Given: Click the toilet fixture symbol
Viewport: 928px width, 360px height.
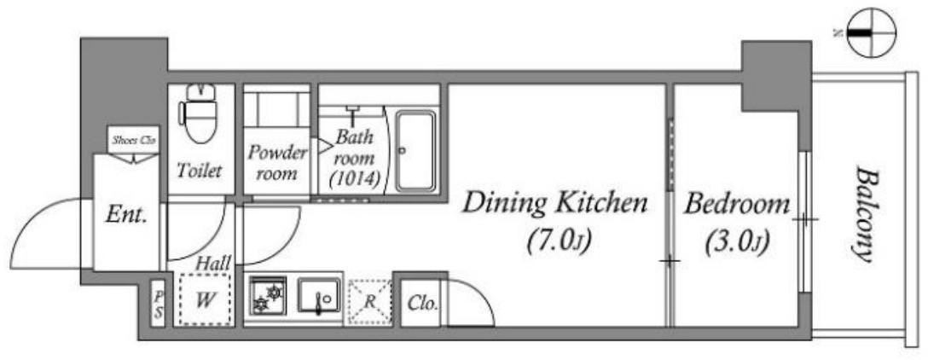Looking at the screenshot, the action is (x=201, y=113).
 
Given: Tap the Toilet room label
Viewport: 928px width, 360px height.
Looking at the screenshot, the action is (x=200, y=171).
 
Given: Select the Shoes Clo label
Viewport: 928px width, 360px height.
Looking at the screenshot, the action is (x=134, y=140).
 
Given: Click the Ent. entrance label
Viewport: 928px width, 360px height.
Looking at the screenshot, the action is (x=125, y=216).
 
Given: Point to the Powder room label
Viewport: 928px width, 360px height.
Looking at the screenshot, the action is (x=277, y=163).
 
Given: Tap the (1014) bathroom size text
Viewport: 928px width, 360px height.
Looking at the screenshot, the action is (x=354, y=178).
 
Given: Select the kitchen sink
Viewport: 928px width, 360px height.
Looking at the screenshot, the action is (x=318, y=295).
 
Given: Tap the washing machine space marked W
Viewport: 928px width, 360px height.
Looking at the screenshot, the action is (x=205, y=299).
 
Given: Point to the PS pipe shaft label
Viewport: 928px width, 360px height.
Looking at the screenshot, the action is (x=158, y=304).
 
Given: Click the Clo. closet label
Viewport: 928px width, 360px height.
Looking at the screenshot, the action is (x=422, y=305).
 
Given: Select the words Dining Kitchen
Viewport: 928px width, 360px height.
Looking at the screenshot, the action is (x=554, y=203).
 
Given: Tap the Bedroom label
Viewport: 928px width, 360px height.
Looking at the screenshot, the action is (x=736, y=205).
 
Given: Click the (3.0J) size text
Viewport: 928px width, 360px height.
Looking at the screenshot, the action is (x=736, y=242).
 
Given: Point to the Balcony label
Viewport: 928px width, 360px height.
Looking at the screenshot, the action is (x=865, y=216).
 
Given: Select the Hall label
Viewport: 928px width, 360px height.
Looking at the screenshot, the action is (x=213, y=262).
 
